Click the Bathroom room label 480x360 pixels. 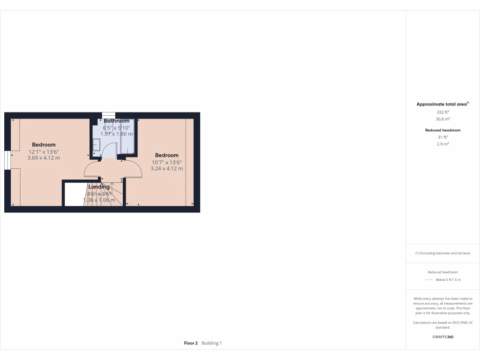coord(117,121)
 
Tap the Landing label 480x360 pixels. coord(99,187)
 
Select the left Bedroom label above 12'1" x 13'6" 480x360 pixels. coord(44,145)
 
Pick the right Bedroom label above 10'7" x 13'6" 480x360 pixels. coord(167,155)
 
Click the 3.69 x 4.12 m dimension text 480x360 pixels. coord(44,158)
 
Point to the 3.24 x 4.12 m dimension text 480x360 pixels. coord(167,168)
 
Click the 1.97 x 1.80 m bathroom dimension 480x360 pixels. coord(116,134)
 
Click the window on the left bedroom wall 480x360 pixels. coord(7,160)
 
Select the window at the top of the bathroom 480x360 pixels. coord(108,115)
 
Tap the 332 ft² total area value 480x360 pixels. coord(442,112)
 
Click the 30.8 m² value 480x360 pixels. coord(442,119)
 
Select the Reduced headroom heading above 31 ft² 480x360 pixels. coord(442,130)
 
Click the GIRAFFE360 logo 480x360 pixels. coord(442,337)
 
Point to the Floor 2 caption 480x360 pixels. coord(191,343)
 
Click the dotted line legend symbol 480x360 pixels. coord(428,280)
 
